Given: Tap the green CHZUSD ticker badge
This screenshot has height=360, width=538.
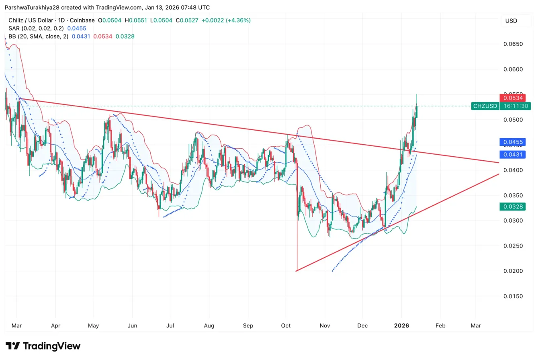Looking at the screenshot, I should [485, 106].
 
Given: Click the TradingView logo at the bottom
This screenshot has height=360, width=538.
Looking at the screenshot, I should [43, 346].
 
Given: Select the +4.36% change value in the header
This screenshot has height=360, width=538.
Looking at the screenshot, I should [239, 20].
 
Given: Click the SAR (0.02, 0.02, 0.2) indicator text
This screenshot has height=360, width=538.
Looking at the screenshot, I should [36, 28].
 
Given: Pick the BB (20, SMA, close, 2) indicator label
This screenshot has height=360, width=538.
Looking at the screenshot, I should [39, 36].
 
